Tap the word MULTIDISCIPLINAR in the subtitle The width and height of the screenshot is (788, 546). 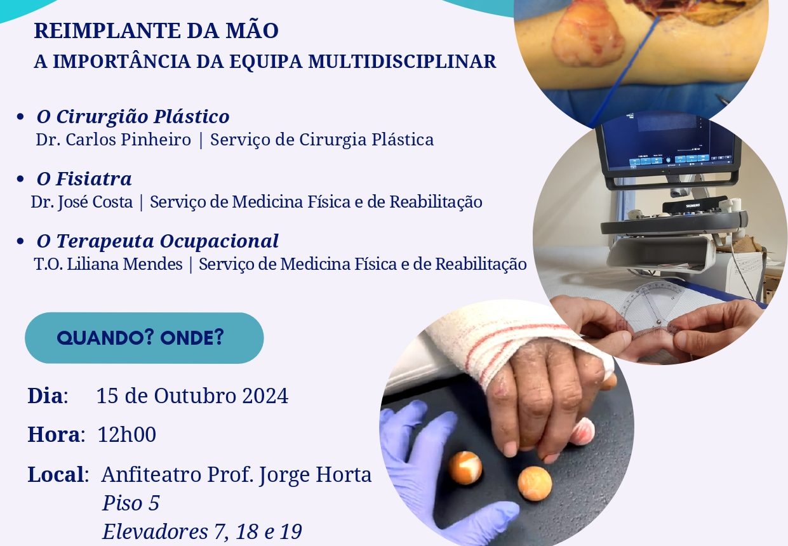click(402, 62)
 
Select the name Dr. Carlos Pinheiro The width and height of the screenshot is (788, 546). click(113, 140)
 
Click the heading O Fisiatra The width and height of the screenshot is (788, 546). click(84, 178)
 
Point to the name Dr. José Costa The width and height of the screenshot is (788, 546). click(82, 203)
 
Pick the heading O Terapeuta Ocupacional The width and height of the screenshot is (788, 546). click(157, 241)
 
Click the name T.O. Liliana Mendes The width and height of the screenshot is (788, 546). click(109, 264)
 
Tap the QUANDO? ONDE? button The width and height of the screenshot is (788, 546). click(144, 338)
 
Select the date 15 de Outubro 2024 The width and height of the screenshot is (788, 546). click(192, 396)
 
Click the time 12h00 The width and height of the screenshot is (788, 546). click(127, 434)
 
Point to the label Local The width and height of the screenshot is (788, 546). click(56, 475)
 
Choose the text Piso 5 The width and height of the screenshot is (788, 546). click(131, 503)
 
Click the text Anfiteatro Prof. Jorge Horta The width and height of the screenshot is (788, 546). click(236, 475)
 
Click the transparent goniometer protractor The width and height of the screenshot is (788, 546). click(651, 310)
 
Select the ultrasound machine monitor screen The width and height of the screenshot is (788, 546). click(667, 143)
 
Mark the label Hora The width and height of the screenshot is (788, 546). click(54, 434)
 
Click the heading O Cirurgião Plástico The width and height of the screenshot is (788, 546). click(133, 117)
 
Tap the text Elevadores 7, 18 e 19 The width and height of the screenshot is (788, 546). click(203, 531)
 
